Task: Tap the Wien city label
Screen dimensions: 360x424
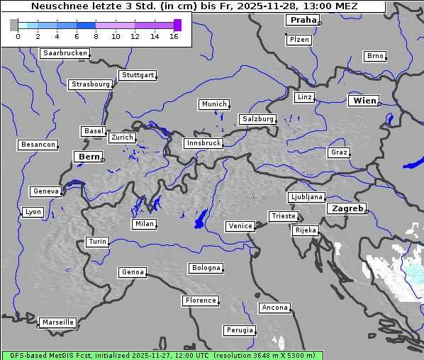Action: point(364,101)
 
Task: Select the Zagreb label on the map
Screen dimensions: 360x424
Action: point(347,209)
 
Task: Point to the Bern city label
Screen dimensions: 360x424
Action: point(89,157)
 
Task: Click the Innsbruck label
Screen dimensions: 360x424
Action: point(203,143)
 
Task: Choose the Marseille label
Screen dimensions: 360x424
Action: point(58,322)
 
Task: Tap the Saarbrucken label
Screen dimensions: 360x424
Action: point(65,53)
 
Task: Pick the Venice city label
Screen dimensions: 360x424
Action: point(240,226)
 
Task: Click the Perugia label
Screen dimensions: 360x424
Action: point(239,330)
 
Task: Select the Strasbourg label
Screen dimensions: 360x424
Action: point(91,84)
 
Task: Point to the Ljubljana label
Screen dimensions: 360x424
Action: point(306,197)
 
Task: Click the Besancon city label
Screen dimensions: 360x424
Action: point(38,145)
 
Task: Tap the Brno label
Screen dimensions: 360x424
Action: point(374,56)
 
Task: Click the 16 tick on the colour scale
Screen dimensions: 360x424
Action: point(174,35)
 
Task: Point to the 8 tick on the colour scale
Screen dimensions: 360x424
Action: point(95,35)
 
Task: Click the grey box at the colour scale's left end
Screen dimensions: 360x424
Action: point(14,25)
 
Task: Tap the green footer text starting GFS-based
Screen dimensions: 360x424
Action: point(162,355)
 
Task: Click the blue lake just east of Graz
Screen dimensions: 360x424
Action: point(412,164)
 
